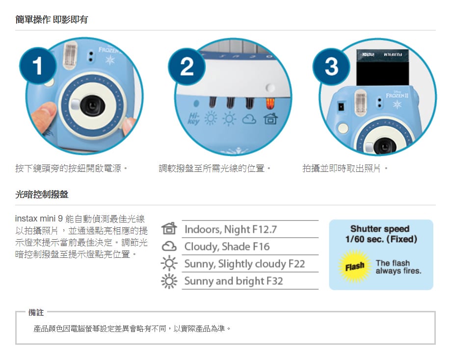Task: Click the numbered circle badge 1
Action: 38,66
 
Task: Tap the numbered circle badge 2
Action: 187,66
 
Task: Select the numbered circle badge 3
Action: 331,66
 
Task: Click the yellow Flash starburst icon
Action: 354,266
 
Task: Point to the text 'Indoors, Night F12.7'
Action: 231,229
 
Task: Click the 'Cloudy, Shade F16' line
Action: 227,247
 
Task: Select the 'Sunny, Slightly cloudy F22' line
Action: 244,264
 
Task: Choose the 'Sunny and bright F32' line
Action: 234,280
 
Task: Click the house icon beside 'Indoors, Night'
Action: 169,228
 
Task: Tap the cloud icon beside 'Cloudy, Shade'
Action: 169,247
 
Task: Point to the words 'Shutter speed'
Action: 380,229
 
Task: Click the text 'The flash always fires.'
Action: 399,267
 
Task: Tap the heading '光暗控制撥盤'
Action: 42,194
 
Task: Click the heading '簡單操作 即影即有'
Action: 52,19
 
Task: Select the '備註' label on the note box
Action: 36,312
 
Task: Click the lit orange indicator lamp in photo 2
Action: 270,104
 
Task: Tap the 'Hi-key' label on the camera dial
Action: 194,118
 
